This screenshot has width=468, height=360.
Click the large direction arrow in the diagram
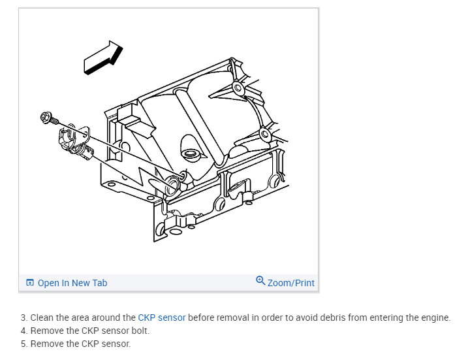tap(103, 58)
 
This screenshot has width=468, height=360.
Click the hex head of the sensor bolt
tap(46, 117)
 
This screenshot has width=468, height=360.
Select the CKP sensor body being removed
tap(75, 140)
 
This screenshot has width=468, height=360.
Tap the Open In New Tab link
tap(72, 283)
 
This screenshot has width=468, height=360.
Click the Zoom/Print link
tap(290, 283)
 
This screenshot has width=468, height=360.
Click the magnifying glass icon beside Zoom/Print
tap(260, 280)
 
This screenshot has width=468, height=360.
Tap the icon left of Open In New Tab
tap(30, 282)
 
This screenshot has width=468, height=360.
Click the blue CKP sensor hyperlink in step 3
tap(161, 318)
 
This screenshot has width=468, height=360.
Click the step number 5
tap(23, 344)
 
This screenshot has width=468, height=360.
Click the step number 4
tap(23, 331)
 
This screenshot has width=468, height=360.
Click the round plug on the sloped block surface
tap(189, 154)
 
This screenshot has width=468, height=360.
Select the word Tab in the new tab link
tap(100, 283)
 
